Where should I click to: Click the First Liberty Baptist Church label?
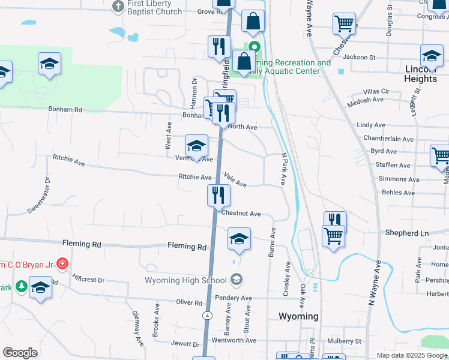pos(155,8)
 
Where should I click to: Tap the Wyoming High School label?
pos(186,280)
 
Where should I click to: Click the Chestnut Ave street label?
pos(241,214)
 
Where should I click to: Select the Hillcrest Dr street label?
pos(88,280)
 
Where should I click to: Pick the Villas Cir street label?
pos(376,91)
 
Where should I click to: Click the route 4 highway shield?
pos(206,315)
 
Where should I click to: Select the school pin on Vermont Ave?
pos(196,145)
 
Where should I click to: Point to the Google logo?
pos(20,353)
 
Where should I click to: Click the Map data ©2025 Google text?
pos(412,355)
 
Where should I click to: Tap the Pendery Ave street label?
pos(237,298)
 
